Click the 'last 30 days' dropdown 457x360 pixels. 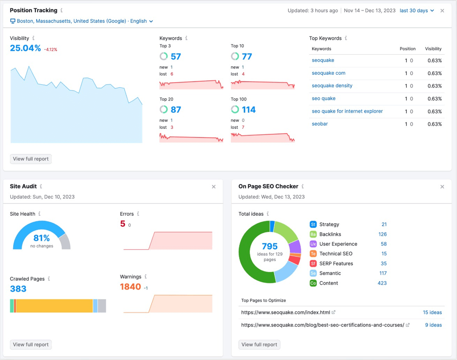[416, 11]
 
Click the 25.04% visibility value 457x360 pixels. [25, 48]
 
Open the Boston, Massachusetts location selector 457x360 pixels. [81, 21]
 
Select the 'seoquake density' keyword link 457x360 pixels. [332, 86]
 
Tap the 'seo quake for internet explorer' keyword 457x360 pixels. [347, 111]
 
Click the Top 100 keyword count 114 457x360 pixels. [249, 110]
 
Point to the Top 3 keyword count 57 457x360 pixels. [176, 57]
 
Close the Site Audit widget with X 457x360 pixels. [214, 187]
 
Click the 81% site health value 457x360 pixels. [42, 238]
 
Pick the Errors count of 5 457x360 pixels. [123, 224]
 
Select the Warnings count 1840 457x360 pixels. [130, 287]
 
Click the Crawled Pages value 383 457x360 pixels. [18, 289]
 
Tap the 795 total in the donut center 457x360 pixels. [270, 246]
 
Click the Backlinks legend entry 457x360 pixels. [330, 234]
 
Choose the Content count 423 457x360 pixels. [382, 283]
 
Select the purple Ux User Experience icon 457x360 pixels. [313, 244]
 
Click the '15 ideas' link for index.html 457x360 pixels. [432, 312]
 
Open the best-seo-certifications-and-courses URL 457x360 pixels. [322, 325]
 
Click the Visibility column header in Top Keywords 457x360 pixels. [433, 49]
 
